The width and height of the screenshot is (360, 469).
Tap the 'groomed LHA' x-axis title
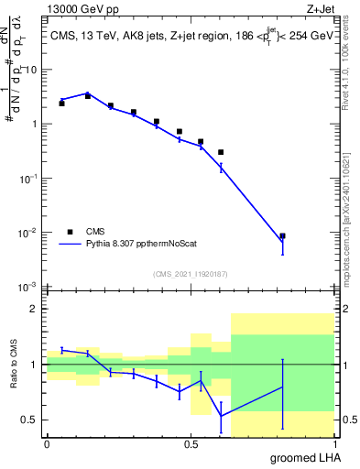(306, 457)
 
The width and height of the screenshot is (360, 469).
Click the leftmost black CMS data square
(61, 104)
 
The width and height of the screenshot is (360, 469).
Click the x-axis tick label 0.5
(191, 444)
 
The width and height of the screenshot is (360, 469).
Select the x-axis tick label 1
(333, 444)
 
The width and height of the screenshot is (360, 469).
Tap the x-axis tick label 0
(47, 444)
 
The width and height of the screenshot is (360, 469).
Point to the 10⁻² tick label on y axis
(29, 233)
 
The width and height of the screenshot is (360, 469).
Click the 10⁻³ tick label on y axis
(29, 287)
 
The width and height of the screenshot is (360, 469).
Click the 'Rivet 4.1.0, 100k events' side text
(350, 87)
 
